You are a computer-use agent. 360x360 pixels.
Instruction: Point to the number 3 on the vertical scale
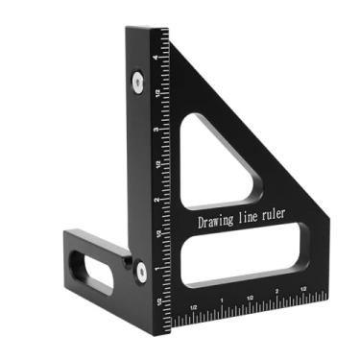click(156, 128)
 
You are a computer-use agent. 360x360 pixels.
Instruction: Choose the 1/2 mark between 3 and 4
click(156, 92)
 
